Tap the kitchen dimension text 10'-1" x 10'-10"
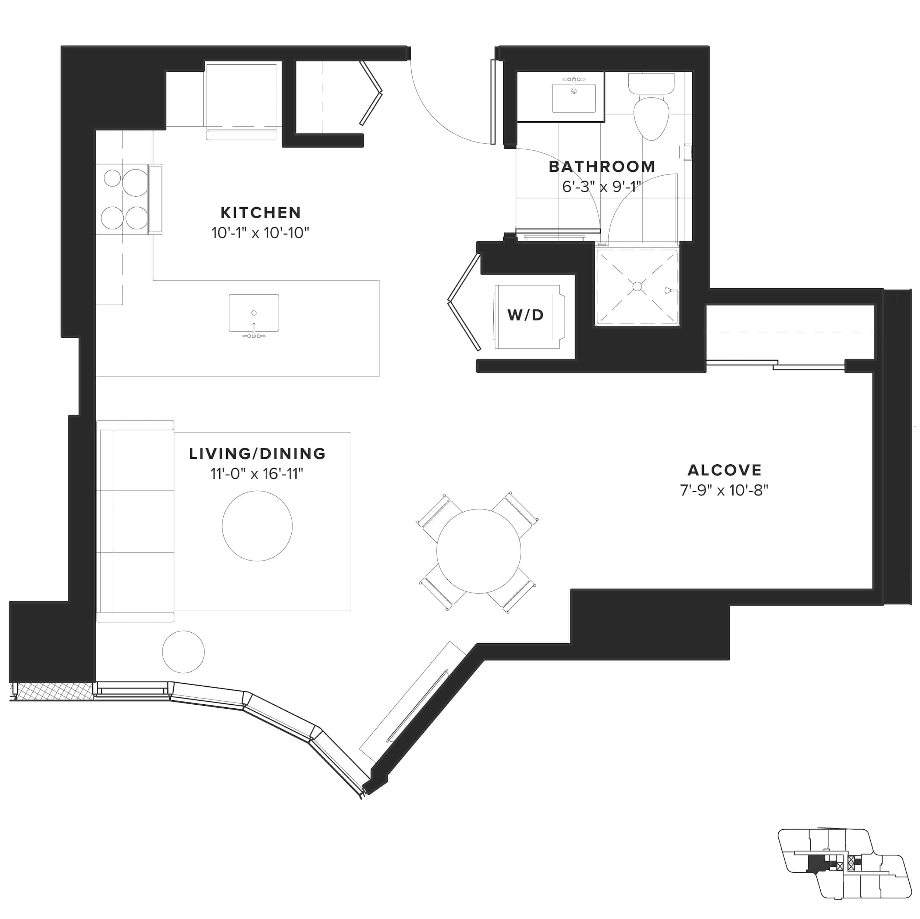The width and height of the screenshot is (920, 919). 260,233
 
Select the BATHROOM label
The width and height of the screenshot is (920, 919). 602,167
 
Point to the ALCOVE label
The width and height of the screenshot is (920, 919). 724,470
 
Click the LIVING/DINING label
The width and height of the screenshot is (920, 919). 257,454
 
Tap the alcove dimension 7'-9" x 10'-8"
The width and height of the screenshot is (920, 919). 724,490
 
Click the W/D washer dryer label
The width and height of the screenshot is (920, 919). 526,315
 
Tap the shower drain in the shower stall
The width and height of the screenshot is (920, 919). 637,286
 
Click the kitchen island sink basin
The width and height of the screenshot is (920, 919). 254,313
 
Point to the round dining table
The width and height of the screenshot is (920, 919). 479,551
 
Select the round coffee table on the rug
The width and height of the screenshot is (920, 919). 257,526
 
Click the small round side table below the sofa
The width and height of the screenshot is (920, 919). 183,651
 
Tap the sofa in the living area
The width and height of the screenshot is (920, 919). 136,521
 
